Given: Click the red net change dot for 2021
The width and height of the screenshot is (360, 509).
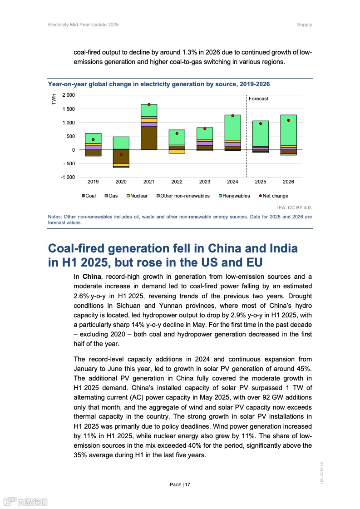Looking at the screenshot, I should pyautogui.click(x=149, y=104).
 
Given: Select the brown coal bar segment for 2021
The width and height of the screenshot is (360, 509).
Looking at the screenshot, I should pyautogui.click(x=149, y=138).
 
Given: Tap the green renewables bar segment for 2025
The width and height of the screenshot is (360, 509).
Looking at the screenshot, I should pyautogui.click(x=261, y=133).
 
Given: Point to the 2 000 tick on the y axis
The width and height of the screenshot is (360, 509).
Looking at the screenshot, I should pyautogui.click(x=69, y=95).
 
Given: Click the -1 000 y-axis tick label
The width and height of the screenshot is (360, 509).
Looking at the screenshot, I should pyautogui.click(x=68, y=177).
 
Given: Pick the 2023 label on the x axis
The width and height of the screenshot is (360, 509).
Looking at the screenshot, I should pyautogui.click(x=205, y=182).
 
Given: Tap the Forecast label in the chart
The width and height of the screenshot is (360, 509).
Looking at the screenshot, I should pyautogui.click(x=258, y=99).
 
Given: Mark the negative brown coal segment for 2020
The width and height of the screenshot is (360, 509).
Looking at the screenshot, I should pyautogui.click(x=121, y=157).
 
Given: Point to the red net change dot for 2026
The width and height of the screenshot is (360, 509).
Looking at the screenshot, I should pyautogui.click(x=288, y=120).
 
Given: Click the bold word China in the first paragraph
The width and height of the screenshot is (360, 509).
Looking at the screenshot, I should pyautogui.click(x=92, y=277).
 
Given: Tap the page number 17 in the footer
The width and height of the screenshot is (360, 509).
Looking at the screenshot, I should pyautogui.click(x=187, y=484).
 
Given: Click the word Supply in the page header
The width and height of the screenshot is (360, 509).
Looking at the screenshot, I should pyautogui.click(x=305, y=25).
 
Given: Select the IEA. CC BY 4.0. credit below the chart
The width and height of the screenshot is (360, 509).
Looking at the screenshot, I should pyautogui.click(x=297, y=208).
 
